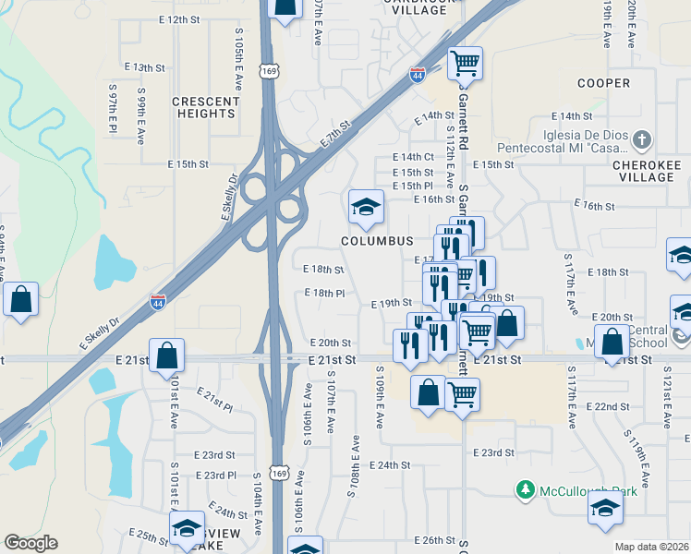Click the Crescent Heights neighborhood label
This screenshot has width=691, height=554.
tap(205, 107)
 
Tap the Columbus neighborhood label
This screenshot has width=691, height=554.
tap(376, 240)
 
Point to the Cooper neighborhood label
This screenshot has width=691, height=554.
tap(603, 83)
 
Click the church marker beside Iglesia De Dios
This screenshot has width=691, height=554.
tap(642, 141)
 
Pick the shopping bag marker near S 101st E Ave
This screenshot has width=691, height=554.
tap(167, 355)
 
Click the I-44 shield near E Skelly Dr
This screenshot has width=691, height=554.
tap(158, 301)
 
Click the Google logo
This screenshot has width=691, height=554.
tap(31, 543)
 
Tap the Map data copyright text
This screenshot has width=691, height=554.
tap(652, 547)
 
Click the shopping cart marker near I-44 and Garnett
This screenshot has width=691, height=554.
tap(465, 63)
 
